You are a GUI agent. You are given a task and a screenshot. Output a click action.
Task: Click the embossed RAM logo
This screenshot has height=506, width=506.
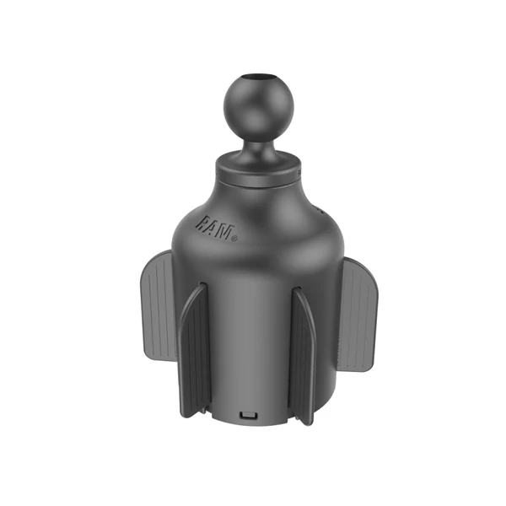pyautogui.click(x=217, y=229)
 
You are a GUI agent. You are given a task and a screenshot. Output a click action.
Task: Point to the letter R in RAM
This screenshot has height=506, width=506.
pyautogui.click(x=202, y=223)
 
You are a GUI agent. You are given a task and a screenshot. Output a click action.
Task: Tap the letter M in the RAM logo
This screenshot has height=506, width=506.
pyautogui.click(x=225, y=231)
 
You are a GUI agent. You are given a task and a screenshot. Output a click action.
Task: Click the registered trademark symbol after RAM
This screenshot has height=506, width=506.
pyautogui.click(x=235, y=239)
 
